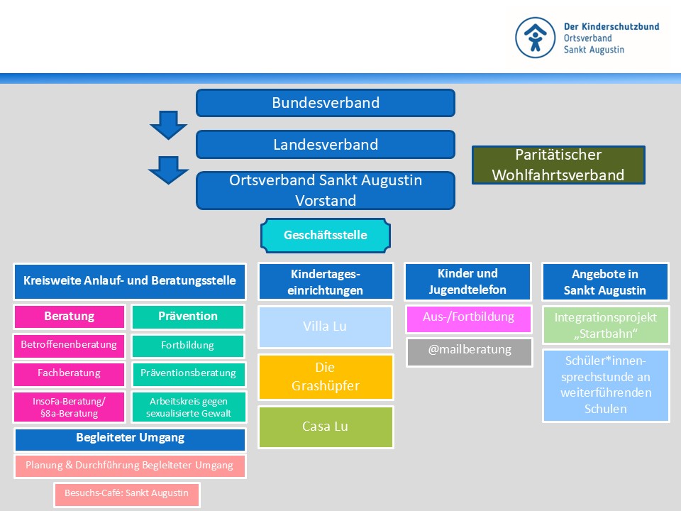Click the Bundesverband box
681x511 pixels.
pos(325,103)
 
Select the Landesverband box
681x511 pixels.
pos(325,145)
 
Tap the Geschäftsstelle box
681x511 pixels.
pos(325,235)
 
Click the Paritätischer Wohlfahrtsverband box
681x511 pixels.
pos(558,165)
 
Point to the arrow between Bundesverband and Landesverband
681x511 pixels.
pos(168,125)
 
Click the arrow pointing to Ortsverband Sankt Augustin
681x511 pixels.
pos(168,170)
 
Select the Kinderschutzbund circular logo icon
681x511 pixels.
pos(536,38)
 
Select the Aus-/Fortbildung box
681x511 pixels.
pos(469,318)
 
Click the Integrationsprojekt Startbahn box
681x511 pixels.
pos(606,325)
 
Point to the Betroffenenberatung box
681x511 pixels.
pos(69,346)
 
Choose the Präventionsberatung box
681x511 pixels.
pos(188,373)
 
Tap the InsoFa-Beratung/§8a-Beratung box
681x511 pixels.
pos(69,407)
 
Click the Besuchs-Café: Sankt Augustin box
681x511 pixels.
pos(127,493)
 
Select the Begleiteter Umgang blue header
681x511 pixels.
pos(130,439)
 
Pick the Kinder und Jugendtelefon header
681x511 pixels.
pos(467,282)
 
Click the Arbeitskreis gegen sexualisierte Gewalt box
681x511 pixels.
pos(188,407)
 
